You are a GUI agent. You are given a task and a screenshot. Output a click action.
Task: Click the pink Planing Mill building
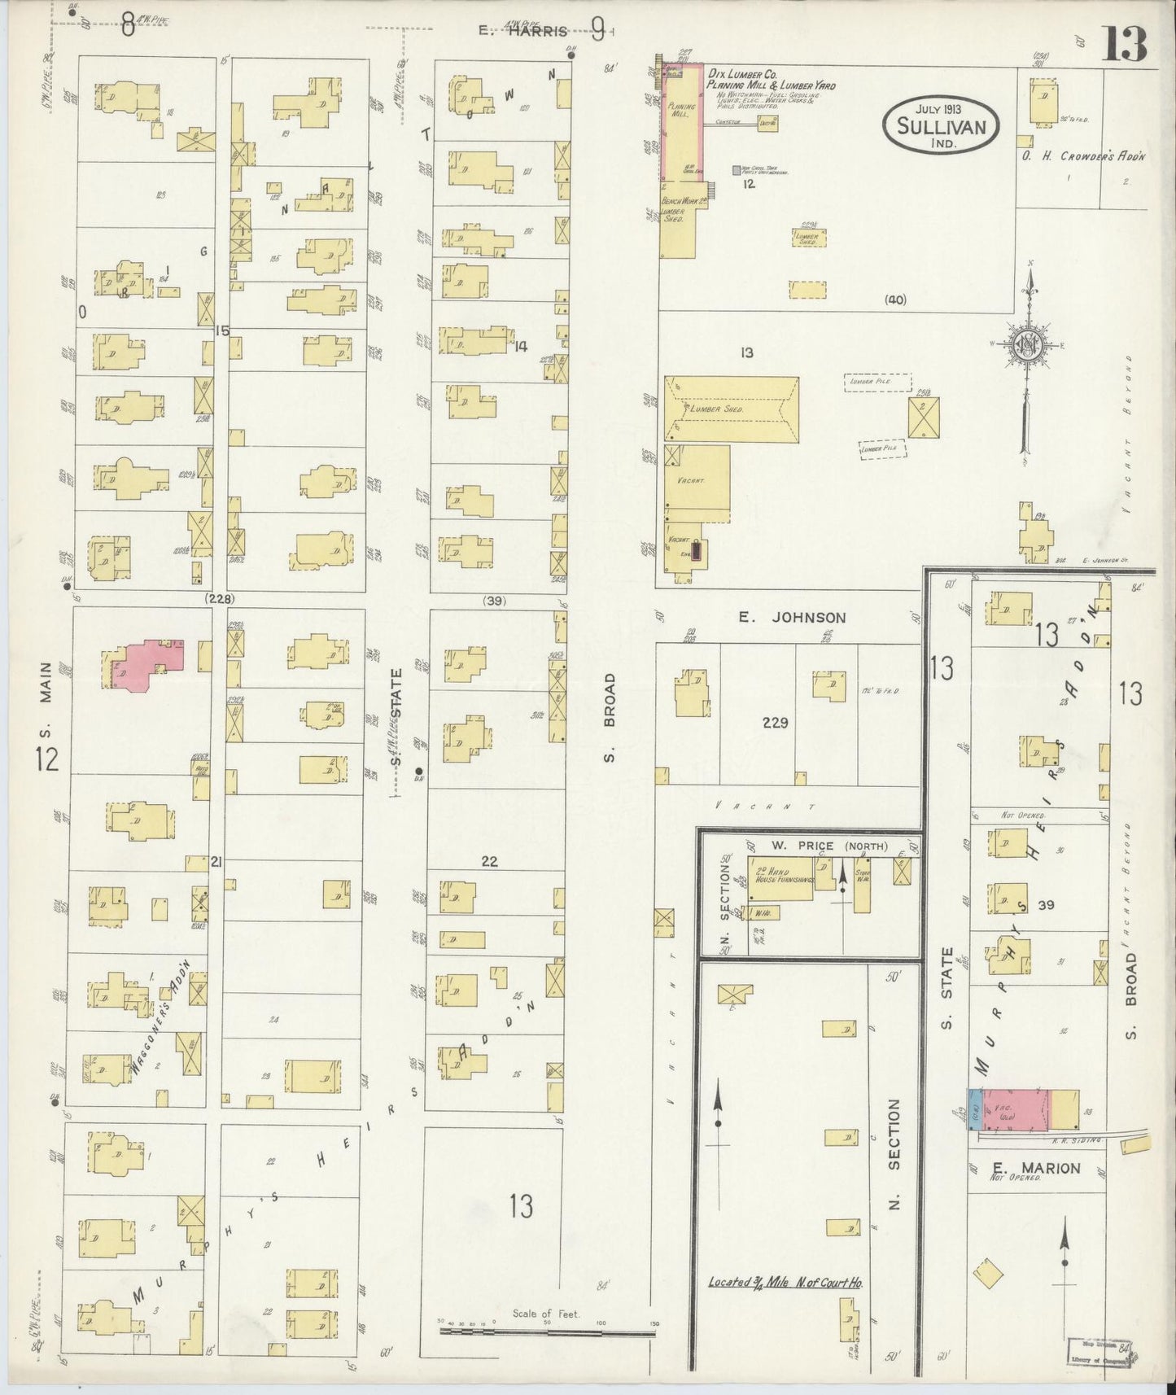682,122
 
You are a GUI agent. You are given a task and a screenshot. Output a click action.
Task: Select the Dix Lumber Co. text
742,73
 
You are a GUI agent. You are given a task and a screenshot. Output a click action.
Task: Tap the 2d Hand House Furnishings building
780,879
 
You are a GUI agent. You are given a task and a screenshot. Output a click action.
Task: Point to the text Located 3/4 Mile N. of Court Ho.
785,1283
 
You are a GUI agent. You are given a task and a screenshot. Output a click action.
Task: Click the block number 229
775,722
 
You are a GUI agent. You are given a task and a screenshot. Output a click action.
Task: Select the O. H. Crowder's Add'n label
1083,156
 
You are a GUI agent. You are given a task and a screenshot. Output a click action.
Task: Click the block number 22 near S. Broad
488,862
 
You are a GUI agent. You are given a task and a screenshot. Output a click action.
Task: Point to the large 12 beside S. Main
46,760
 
